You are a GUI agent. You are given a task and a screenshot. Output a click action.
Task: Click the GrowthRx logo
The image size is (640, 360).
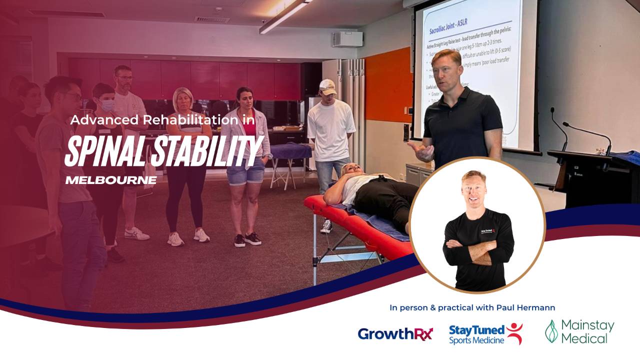(x=395, y=333)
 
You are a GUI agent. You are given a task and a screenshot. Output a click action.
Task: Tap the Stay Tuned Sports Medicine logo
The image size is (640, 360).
(x=485, y=334)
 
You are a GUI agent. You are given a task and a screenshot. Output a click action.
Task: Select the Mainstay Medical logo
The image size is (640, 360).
(x=579, y=331)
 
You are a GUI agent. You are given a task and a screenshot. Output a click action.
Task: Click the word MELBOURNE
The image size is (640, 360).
(x=110, y=180)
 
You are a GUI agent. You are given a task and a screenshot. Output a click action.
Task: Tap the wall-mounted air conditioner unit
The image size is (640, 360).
(x=347, y=39)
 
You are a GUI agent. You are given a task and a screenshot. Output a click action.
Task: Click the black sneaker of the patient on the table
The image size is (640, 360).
(x=326, y=226)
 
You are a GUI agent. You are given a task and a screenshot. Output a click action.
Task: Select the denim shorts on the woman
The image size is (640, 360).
(x=245, y=171)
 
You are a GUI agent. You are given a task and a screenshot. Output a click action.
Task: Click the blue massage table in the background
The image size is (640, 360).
(x=290, y=150)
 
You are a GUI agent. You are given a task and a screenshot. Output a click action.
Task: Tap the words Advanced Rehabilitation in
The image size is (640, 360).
(x=162, y=120)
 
